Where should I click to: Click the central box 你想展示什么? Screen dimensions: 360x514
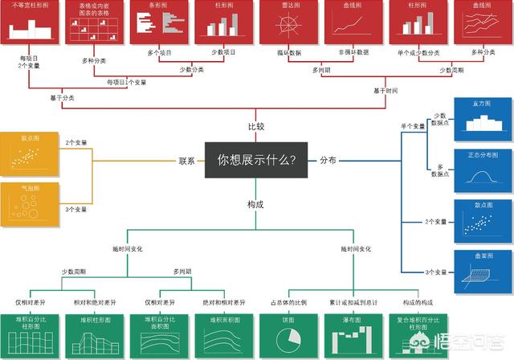click(256, 160)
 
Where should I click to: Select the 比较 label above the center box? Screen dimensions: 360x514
click(255, 127)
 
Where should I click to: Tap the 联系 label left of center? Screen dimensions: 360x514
click(187, 161)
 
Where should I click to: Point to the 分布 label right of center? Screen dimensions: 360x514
click(329, 161)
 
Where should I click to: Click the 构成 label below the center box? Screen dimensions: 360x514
click(255, 204)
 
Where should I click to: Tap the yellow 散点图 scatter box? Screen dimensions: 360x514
click(29, 153)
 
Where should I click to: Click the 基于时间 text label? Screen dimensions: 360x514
click(385, 91)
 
